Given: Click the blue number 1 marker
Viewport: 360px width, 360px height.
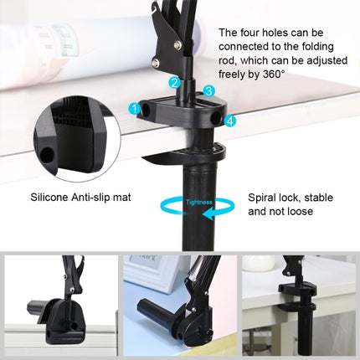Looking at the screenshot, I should [134, 108].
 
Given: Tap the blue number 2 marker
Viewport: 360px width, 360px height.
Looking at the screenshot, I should [174, 82].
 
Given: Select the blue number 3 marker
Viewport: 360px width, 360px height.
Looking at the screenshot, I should [208, 90].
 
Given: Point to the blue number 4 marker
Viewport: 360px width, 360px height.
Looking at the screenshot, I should [230, 121].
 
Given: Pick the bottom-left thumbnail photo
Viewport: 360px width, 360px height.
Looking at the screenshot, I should [59, 305].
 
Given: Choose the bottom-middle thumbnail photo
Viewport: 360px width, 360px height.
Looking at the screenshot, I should [180, 305].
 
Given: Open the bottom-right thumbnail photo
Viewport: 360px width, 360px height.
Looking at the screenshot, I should [300, 305].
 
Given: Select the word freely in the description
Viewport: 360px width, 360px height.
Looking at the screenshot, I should [234, 74].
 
